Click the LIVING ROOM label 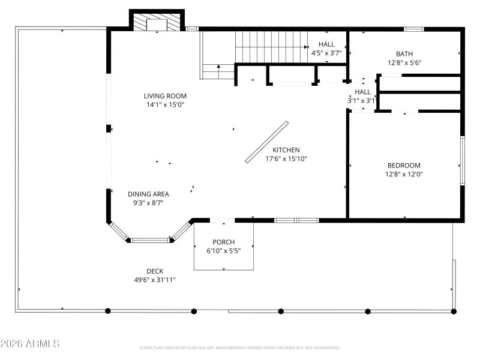165,96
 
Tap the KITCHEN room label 286,150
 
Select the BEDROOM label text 404,166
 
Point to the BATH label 404,54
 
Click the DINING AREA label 148,194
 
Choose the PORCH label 223,242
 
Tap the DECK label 155,271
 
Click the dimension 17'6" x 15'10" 286,159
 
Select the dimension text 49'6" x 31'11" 155,280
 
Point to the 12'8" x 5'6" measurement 404,62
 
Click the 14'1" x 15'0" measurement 165,104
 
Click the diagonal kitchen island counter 267,142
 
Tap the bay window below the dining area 150,240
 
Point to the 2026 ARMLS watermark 30,344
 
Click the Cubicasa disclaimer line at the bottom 240,347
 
